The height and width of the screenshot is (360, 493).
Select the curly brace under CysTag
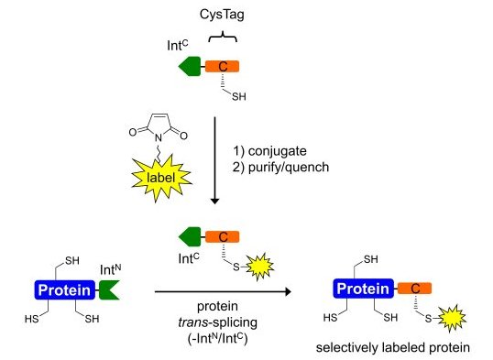(222, 38)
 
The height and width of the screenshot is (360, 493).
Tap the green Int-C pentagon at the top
(190, 66)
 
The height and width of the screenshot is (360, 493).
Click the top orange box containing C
(222, 66)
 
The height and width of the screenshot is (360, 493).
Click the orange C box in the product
(413, 289)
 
